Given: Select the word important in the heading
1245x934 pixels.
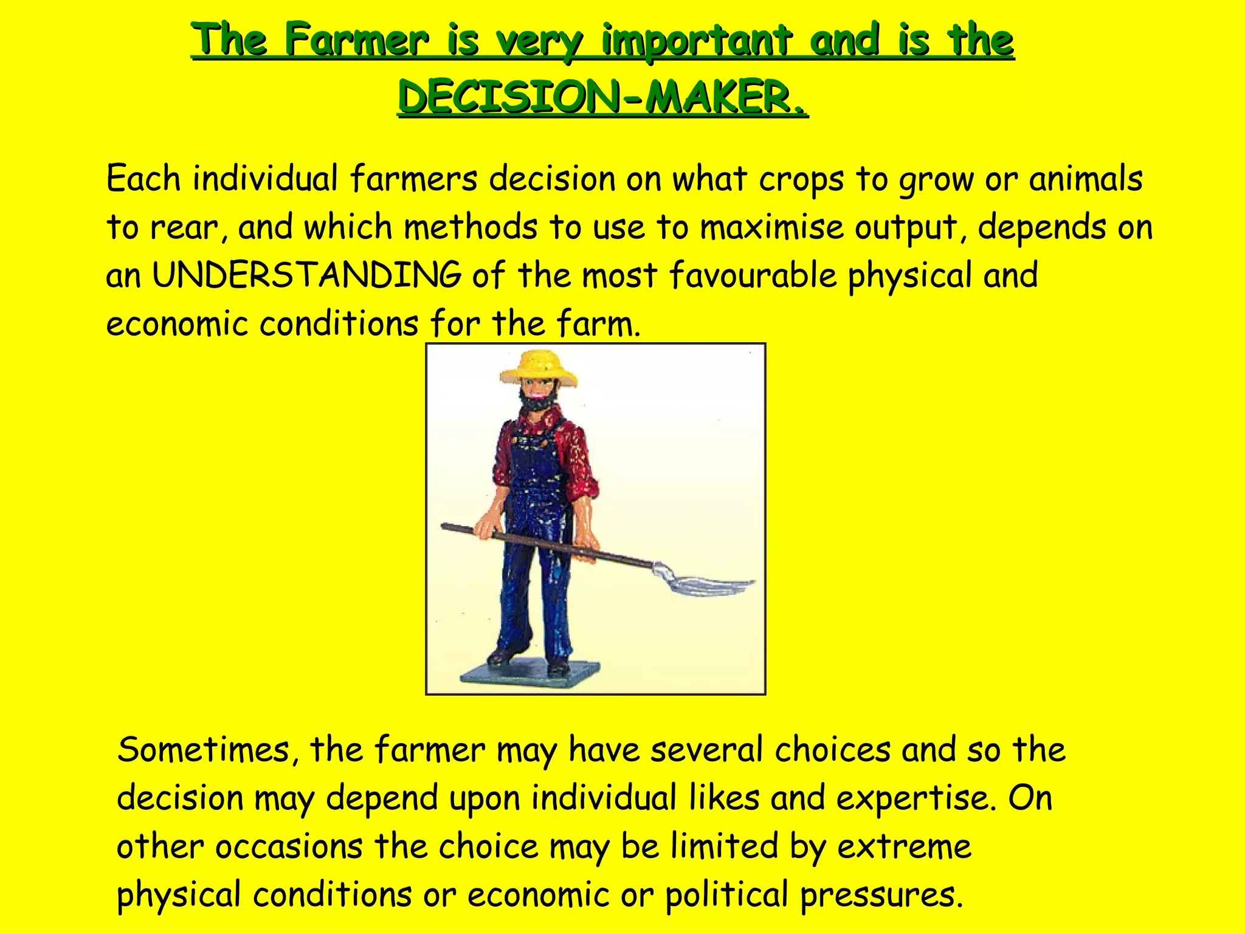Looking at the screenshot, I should pyautogui.click(x=697, y=41).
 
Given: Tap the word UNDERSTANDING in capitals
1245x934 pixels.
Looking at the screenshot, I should pyautogui.click(x=306, y=275).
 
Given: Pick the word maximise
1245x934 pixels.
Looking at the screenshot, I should pyautogui.click(x=771, y=227).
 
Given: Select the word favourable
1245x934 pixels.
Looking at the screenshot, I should pyautogui.click(x=753, y=275).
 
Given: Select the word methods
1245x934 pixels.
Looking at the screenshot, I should pyautogui.click(x=471, y=227).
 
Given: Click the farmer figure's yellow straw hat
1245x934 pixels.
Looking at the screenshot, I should pyautogui.click(x=539, y=367).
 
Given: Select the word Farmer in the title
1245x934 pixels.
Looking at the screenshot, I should pyautogui.click(x=357, y=41).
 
